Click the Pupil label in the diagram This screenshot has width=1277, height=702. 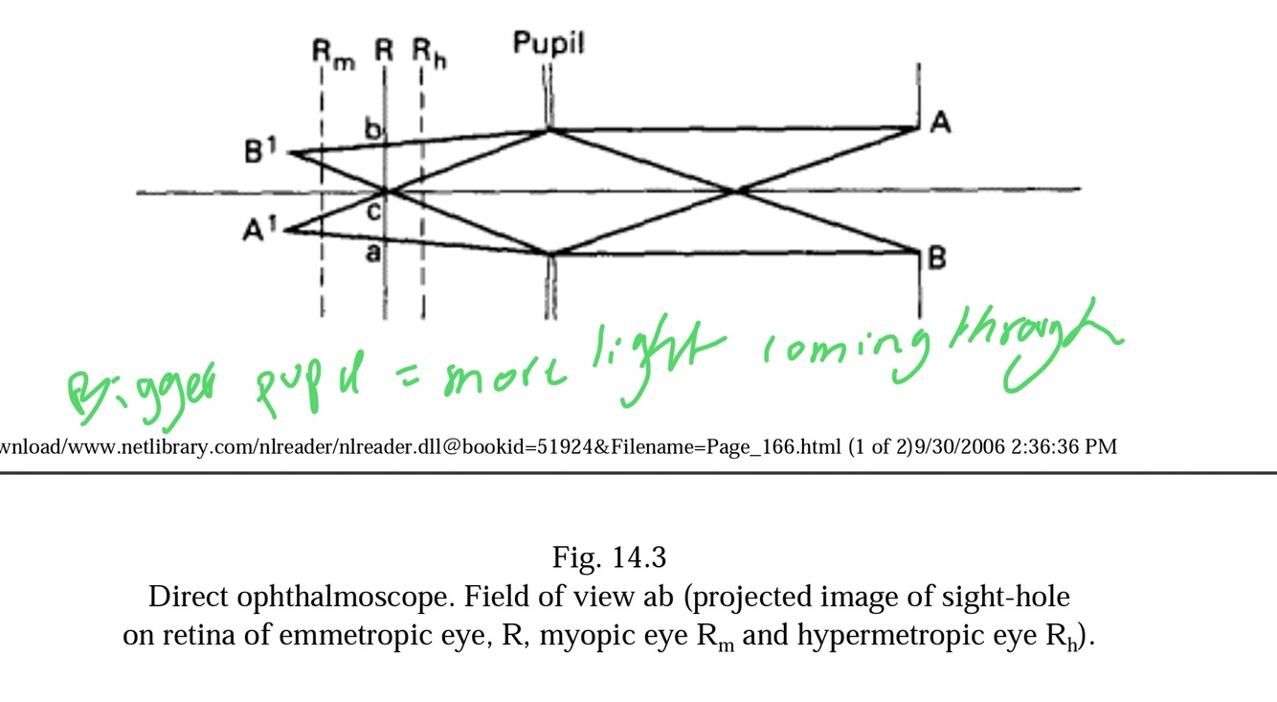[x=548, y=43]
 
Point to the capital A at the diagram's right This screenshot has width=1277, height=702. [x=940, y=123]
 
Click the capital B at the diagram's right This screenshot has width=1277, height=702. [x=937, y=259]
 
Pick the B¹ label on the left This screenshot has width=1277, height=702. [x=259, y=151]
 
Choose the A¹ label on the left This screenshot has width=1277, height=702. [x=256, y=231]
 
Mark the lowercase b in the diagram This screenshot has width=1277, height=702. [x=374, y=129]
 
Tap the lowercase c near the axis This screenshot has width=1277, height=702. [x=374, y=212]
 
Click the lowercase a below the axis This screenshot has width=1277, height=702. [x=373, y=252]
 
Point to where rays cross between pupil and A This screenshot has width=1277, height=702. [x=737, y=192]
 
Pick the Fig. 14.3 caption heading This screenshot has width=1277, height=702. [x=609, y=556]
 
